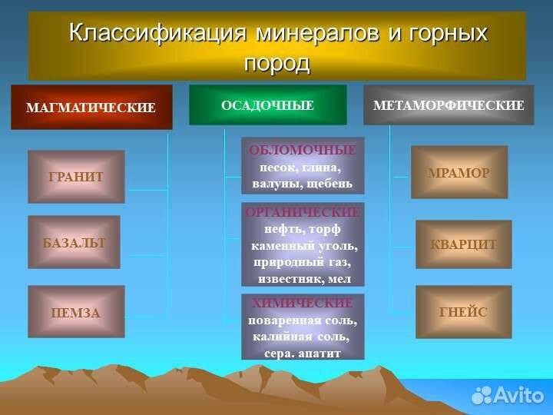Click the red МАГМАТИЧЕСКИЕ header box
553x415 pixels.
pos(91,107)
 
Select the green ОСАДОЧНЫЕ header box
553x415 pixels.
pos(267,105)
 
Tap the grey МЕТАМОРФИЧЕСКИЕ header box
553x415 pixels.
pos(448,105)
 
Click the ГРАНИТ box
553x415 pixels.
pos(76,177)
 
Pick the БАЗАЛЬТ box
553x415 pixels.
pos(75,242)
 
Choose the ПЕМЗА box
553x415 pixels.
pos(76,312)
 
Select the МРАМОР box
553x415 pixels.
pos(459,172)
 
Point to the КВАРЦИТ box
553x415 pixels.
pos(463,244)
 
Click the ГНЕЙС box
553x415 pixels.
pos(463,312)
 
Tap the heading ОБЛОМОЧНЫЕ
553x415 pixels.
pos(303,150)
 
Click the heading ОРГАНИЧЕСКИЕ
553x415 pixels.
pos(303,212)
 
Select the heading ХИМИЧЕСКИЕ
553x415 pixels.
pos(303,303)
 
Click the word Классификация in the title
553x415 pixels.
pos(157,33)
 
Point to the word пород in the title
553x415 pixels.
pos(276,63)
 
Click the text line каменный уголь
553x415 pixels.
pos(304,246)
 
